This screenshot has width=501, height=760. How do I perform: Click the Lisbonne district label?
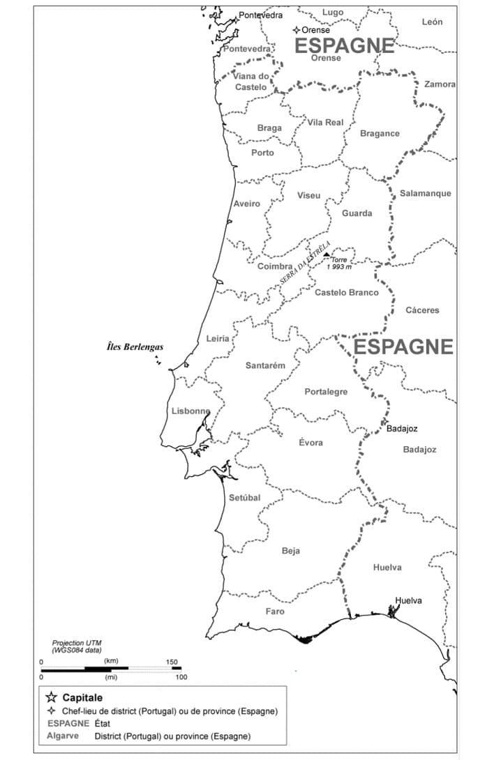(190, 411)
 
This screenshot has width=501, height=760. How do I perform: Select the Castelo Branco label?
(346, 292)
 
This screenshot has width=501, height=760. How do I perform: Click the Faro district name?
(275, 611)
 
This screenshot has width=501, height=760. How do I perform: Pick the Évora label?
(311, 442)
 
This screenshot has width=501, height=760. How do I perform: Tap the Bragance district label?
(380, 133)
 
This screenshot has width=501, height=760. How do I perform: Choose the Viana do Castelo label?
(250, 82)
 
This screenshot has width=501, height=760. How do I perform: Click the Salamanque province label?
(425, 193)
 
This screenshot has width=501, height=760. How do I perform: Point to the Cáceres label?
(422, 310)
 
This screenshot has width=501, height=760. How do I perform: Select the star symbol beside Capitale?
(51, 697)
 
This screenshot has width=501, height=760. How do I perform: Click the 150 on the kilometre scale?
(172, 662)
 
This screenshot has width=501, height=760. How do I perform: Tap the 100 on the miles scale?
(181, 677)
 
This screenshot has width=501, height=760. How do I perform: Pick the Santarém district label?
(265, 365)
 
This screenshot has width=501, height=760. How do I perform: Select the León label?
(432, 22)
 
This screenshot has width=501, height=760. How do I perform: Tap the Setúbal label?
(244, 498)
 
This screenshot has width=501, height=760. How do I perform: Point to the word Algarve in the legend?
(63, 736)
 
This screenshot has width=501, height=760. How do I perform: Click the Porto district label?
(262, 153)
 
